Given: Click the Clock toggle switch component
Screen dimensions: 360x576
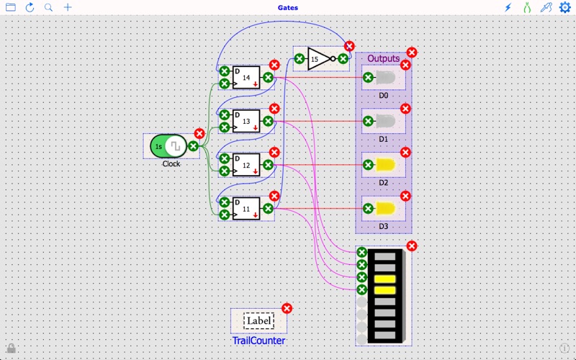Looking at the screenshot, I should (x=168, y=146).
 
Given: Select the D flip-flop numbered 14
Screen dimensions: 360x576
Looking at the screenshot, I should (x=246, y=78).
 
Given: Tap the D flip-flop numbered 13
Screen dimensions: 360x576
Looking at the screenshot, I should (x=246, y=122).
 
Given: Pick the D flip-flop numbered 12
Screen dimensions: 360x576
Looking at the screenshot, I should (x=246, y=166).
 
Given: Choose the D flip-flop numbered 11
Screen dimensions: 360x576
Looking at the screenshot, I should (x=246, y=209).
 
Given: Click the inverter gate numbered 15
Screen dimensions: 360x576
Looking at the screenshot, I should (x=320, y=59).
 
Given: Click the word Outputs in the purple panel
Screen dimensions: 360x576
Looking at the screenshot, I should (x=383, y=58).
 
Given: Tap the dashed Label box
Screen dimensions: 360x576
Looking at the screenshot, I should (x=258, y=321).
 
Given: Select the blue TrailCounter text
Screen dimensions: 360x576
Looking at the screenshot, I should (x=258, y=341).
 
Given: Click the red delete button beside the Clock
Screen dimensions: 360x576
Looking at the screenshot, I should (x=199, y=133).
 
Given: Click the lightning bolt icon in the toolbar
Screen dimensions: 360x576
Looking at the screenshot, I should (x=508, y=7).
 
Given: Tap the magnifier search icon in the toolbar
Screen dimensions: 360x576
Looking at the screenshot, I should (x=49, y=7).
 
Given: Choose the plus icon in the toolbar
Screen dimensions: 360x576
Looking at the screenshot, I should (x=68, y=7).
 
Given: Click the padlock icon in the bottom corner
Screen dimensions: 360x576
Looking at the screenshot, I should (x=11, y=348).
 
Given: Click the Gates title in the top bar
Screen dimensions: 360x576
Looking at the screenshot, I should (x=288, y=8).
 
